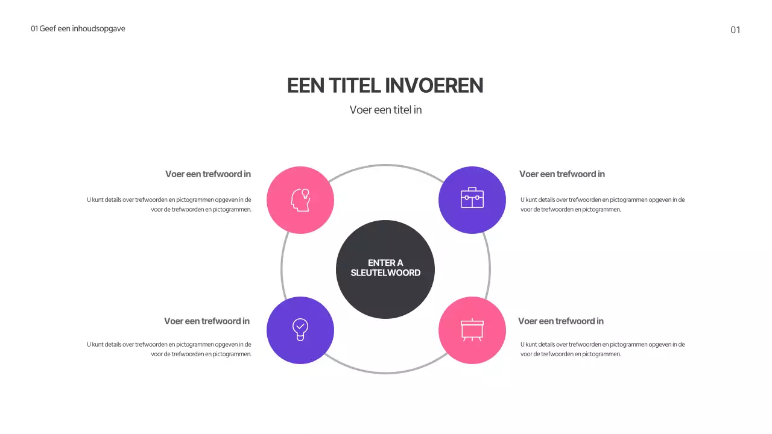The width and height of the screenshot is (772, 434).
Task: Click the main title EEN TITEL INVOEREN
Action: [x=385, y=86]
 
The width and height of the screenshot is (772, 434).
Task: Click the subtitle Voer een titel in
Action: [x=385, y=110]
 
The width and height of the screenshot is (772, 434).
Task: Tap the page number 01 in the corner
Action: [x=735, y=30]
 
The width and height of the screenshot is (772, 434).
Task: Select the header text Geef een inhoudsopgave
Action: [x=82, y=28]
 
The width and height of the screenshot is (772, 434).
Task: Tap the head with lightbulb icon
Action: [x=300, y=200]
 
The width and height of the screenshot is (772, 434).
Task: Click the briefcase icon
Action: [x=472, y=198]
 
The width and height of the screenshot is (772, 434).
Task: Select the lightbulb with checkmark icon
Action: [x=300, y=329]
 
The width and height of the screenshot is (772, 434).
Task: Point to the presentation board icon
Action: [x=472, y=329]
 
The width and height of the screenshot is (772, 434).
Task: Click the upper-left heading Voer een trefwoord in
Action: [x=208, y=174]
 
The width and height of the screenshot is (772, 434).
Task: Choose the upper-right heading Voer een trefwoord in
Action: [x=562, y=174]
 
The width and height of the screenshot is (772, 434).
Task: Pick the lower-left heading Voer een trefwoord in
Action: [x=207, y=321]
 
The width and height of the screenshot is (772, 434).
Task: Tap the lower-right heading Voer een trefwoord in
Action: [x=561, y=321]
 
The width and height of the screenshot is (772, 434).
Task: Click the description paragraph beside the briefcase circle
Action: [x=603, y=204]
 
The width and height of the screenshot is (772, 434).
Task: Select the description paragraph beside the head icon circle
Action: [x=169, y=204]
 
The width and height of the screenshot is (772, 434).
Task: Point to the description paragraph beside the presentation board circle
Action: [x=603, y=349]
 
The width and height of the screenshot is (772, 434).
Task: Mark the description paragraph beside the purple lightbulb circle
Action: [x=169, y=349]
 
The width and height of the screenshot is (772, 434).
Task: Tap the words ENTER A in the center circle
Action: [x=385, y=263]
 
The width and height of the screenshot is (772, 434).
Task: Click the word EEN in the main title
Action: [x=306, y=86]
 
